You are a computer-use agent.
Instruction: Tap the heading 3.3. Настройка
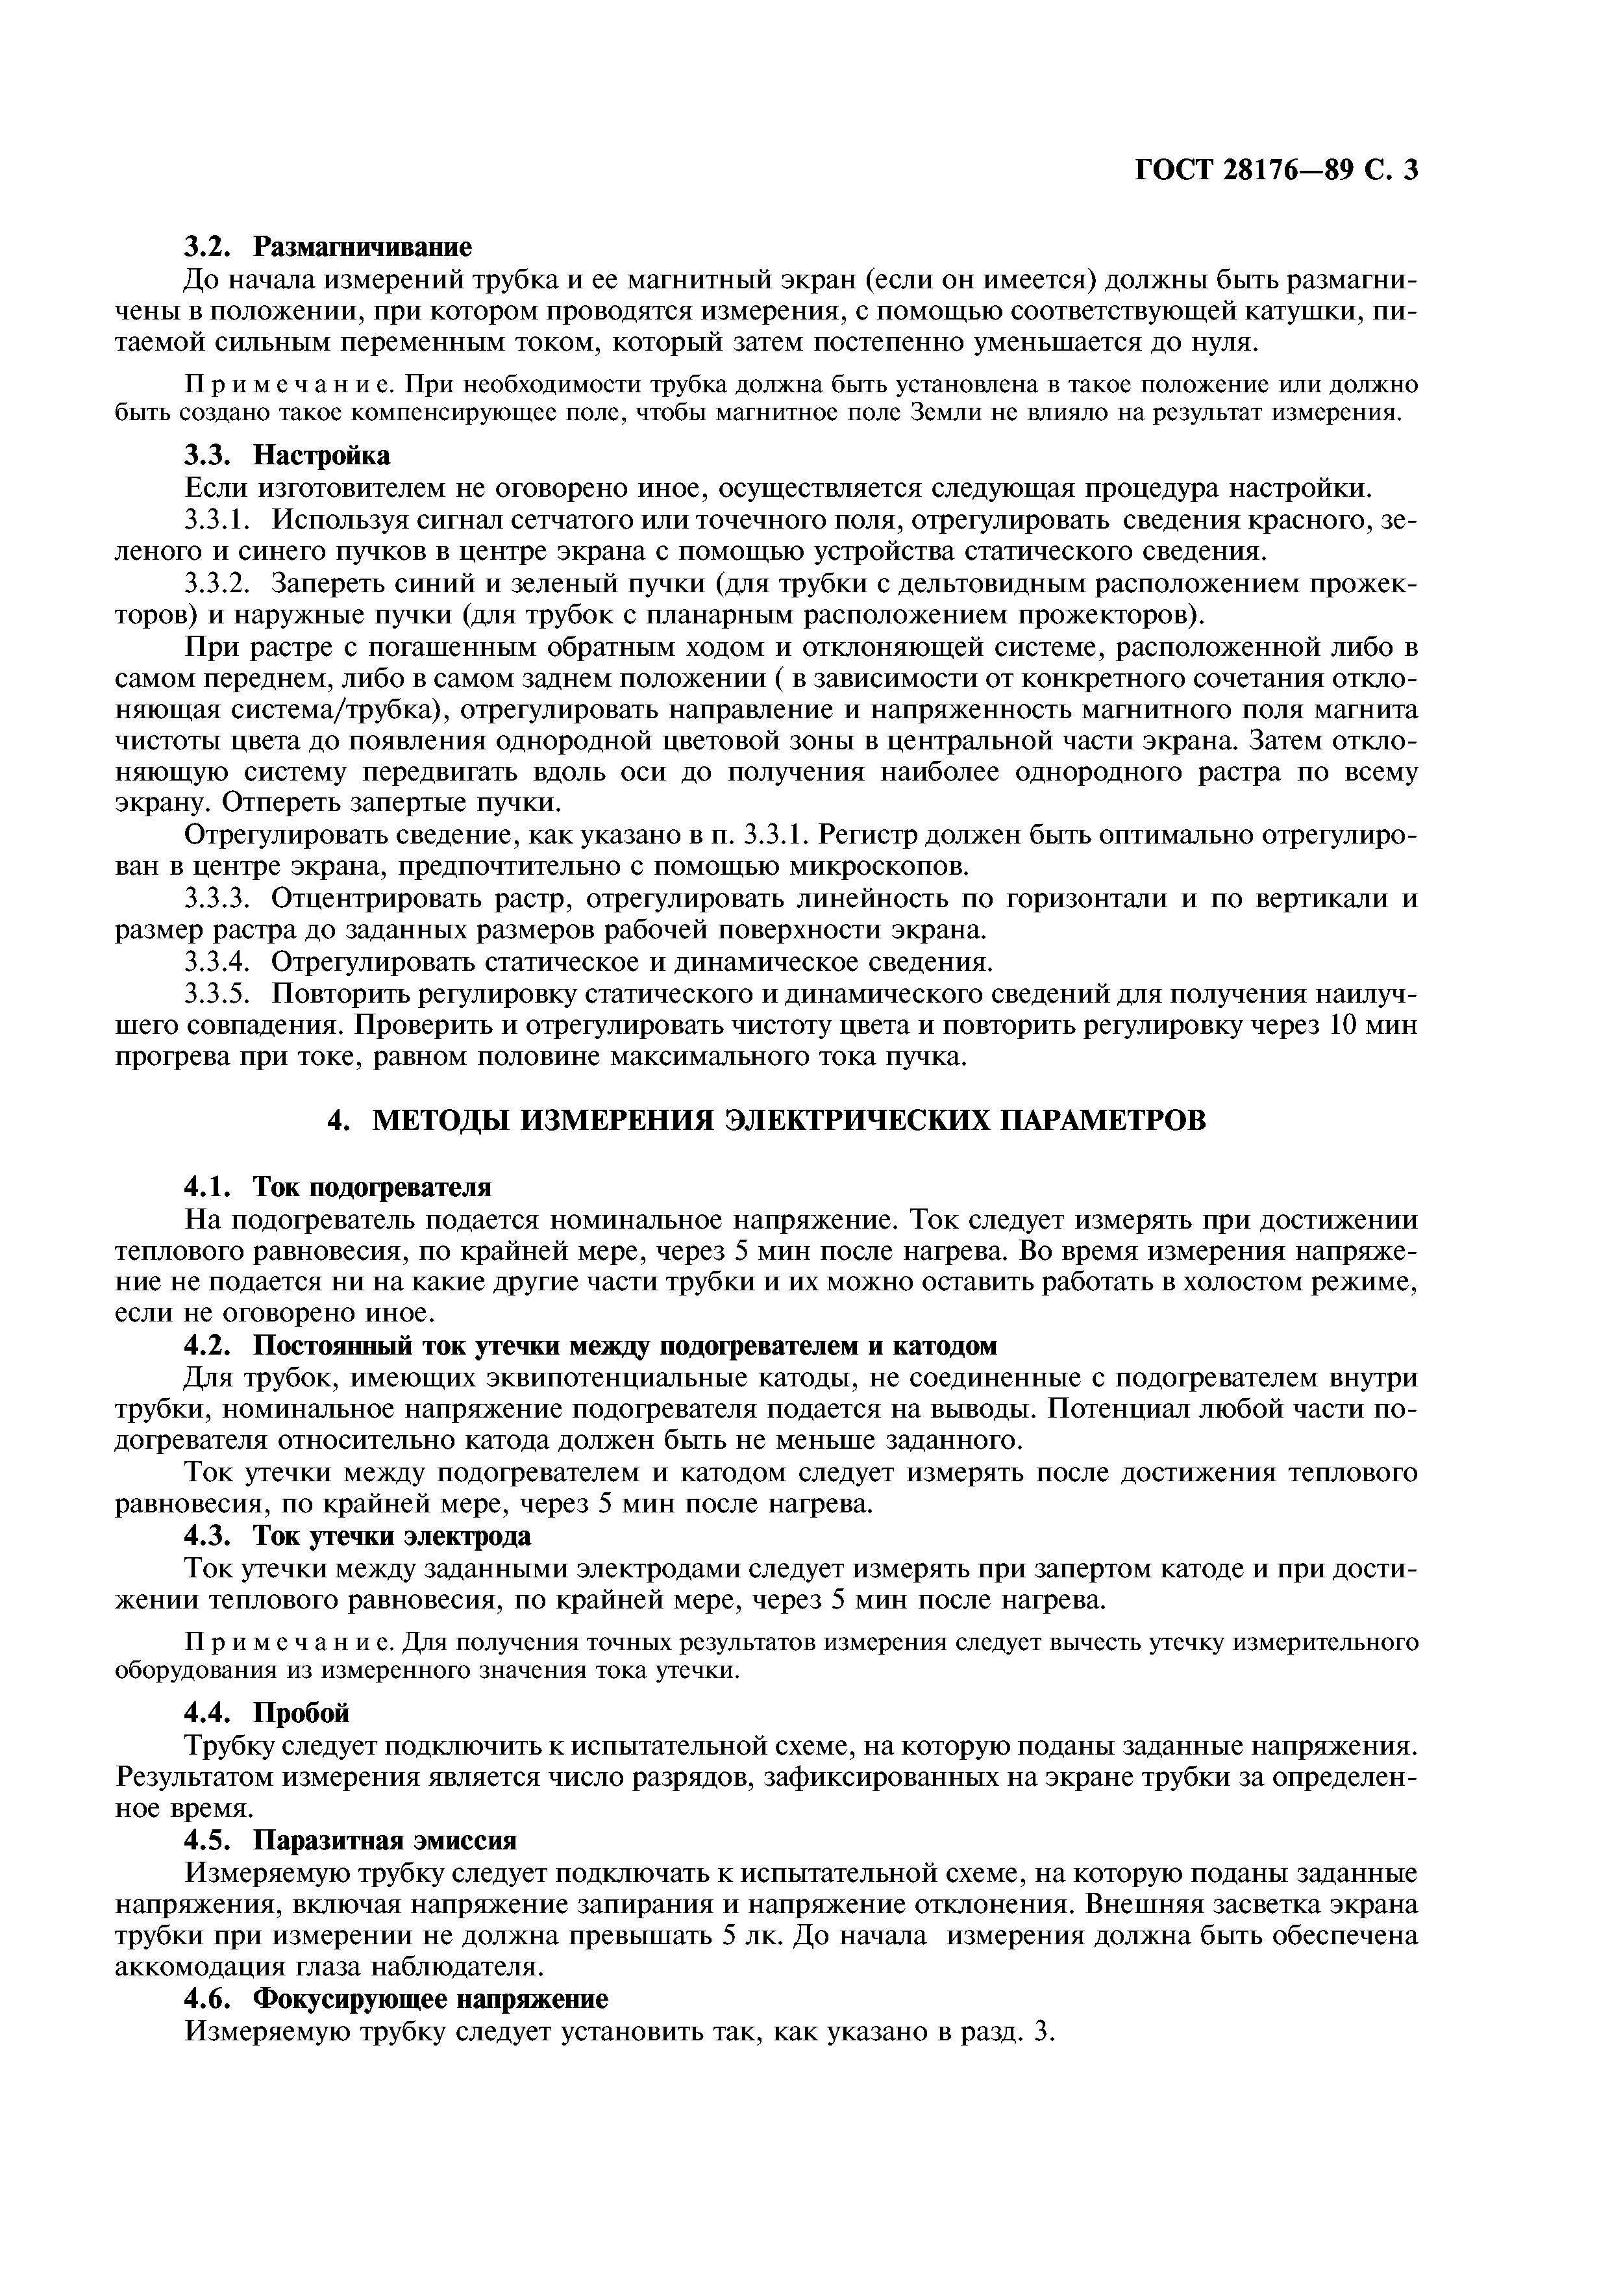click(288, 455)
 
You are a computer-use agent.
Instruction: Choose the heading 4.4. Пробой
click(268, 1712)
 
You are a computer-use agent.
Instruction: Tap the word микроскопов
click(874, 867)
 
